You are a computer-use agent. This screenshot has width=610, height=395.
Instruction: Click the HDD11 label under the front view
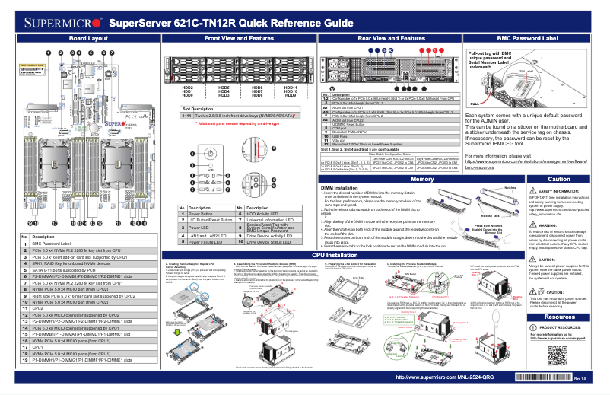pos(290,88)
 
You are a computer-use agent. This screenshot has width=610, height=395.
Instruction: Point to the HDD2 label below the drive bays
pos(187,88)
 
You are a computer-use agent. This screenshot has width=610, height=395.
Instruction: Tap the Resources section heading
pos(559,317)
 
